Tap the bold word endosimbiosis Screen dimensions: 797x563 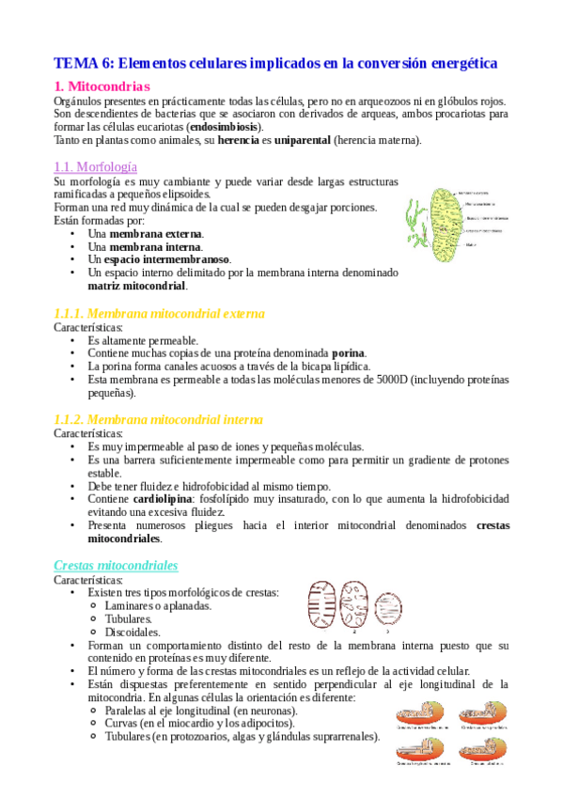point(225,127)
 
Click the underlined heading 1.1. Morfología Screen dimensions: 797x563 point(97,166)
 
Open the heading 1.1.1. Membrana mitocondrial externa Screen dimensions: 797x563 point(159,313)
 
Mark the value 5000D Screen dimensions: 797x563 point(376,380)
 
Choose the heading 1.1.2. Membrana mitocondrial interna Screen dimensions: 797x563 point(159,419)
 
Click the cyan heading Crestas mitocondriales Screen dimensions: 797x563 point(116,565)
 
